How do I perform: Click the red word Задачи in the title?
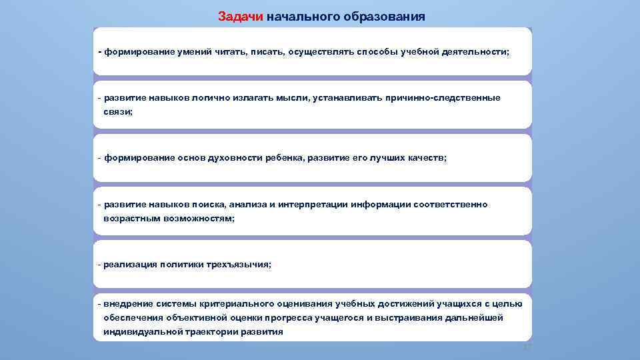(x=240, y=16)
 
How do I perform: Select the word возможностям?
(x=198, y=219)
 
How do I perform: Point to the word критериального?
(x=231, y=304)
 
